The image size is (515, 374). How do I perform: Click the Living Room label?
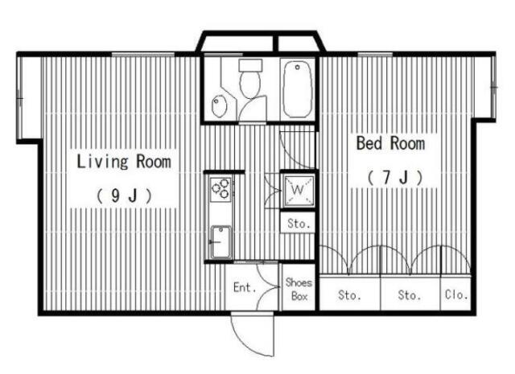pos(124,162)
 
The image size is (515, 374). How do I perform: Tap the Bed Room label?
pos(390,143)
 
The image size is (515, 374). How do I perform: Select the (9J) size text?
pos(124,195)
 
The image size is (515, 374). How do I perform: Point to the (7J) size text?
pos(395,177)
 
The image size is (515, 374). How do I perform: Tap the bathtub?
pos(298,89)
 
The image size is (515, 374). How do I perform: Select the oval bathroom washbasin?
pos(219,105)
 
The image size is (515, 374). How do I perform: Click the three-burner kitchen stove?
pos(220,189)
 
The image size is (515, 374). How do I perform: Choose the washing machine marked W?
pos(299,190)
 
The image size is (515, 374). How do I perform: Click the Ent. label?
pos(245,287)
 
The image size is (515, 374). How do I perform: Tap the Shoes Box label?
pos(299,290)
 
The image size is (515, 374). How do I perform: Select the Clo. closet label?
pos(456,294)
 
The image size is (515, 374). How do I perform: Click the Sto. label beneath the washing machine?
pos(299,224)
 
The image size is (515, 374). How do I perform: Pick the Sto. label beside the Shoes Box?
pos(349,295)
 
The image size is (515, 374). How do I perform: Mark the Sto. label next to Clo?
pos(410,295)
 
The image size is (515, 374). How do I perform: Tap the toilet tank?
pos(250,65)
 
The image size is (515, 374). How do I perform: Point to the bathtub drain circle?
pos(297,68)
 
